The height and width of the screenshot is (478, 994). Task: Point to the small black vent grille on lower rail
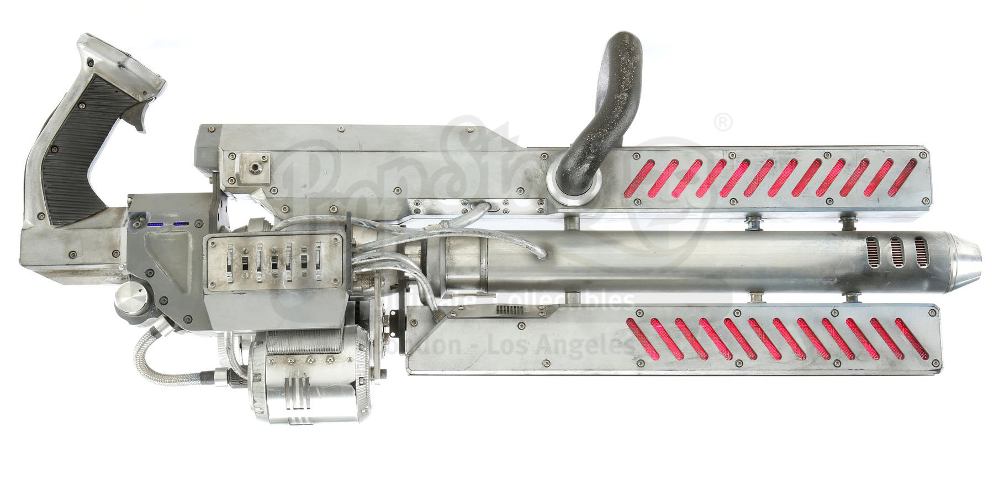tap(511, 311)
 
